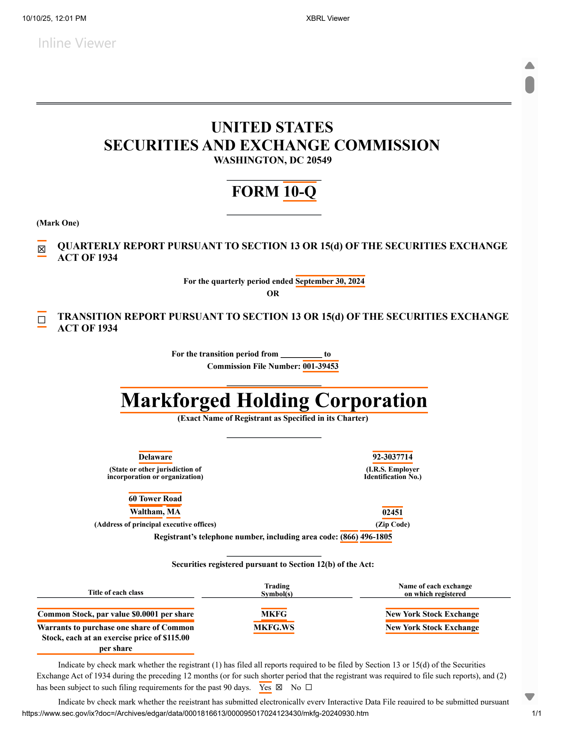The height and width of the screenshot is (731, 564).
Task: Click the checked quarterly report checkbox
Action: point(42,249)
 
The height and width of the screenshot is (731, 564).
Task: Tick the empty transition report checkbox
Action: point(42,320)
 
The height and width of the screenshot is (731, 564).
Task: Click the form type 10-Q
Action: point(300,192)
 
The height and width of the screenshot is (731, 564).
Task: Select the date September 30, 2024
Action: point(330,281)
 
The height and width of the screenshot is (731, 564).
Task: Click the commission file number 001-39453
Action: point(320,366)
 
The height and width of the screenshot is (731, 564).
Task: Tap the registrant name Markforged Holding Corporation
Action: point(274,400)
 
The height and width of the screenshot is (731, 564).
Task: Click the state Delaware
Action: point(155,457)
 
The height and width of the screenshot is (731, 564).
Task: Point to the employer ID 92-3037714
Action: point(392,457)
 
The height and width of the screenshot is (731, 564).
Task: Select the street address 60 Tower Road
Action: point(155,499)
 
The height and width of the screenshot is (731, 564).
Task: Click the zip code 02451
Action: point(392,513)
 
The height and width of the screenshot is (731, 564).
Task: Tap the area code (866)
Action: point(349,537)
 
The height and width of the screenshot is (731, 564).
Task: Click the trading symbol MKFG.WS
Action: point(274,628)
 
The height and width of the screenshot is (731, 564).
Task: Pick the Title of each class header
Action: point(116,593)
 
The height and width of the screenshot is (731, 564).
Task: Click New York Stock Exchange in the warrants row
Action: point(432,628)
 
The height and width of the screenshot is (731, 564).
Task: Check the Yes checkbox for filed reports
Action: point(279,687)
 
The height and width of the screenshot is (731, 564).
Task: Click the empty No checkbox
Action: point(309,687)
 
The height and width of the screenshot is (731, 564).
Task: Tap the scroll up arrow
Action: point(529,66)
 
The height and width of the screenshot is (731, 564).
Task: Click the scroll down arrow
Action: point(529,696)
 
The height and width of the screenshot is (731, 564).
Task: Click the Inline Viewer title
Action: point(77,43)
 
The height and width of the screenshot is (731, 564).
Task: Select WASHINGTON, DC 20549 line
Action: point(272,160)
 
